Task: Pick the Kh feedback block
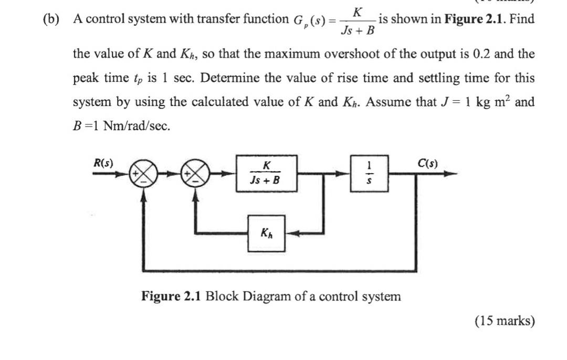click(x=266, y=233)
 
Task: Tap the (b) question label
click(x=51, y=20)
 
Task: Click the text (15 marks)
click(x=504, y=321)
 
